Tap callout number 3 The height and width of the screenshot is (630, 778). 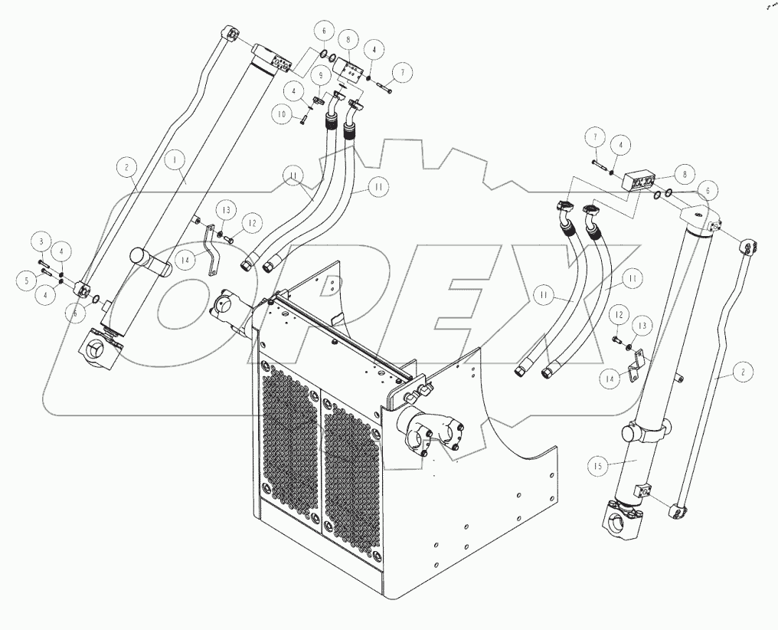click(43, 243)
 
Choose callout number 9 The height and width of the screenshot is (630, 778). click(319, 76)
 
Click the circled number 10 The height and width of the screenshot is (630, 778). click(283, 114)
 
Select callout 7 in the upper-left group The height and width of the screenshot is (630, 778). click(402, 71)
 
